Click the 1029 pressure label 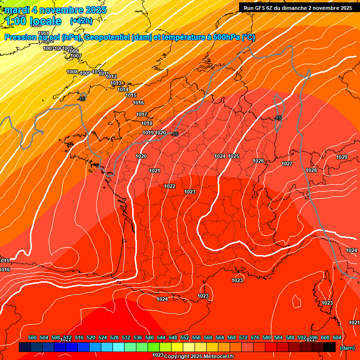pos(342,157)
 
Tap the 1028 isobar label pos(311,170)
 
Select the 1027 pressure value pos(287,164)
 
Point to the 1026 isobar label pos(258,161)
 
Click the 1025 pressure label pos(233,156)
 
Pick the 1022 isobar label pos(170,186)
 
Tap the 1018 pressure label pos(147,123)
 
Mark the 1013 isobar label pos(116,83)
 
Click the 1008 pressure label pos(72,72)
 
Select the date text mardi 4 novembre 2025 pos(55,10)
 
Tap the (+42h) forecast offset pos(81,21)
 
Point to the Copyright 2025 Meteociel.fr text pos(199,356)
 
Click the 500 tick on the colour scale pos(32,337)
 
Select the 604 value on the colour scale pos(337,337)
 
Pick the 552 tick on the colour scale pos(185,337)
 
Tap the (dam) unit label pos(347,348)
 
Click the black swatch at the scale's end pos(330,347)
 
